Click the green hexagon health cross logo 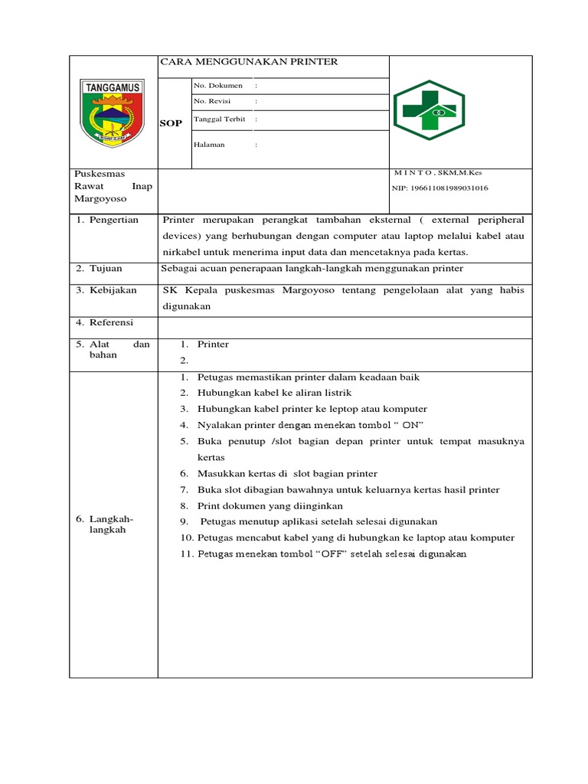(x=429, y=112)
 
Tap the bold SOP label (x=171, y=123)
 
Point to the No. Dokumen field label (x=218, y=86)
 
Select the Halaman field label (x=210, y=145)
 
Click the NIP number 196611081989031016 (x=439, y=188)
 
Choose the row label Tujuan (x=106, y=269)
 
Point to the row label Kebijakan (x=112, y=290)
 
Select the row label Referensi (x=111, y=323)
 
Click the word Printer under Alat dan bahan (x=213, y=345)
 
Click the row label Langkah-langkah (x=111, y=524)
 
